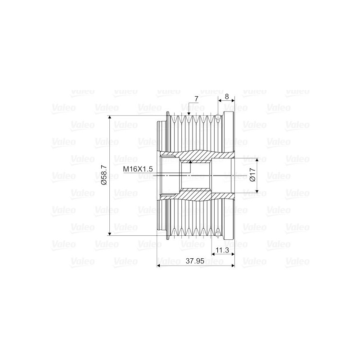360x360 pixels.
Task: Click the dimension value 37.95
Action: pyautogui.click(x=195, y=261)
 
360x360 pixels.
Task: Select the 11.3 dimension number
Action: pyautogui.click(x=223, y=250)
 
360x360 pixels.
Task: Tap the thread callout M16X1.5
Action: pyautogui.click(x=139, y=169)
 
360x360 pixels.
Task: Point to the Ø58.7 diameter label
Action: pyautogui.click(x=103, y=175)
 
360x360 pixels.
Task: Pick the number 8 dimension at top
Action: pyautogui.click(x=226, y=97)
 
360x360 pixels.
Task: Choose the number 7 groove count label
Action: pyautogui.click(x=196, y=99)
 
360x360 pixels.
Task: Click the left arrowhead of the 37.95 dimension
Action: pyautogui.click(x=158, y=265)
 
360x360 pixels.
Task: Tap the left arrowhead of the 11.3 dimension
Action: pyautogui.click(x=213, y=254)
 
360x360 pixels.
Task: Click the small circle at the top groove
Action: pyautogui.click(x=219, y=118)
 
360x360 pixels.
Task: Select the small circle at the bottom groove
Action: pyautogui.click(x=219, y=233)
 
